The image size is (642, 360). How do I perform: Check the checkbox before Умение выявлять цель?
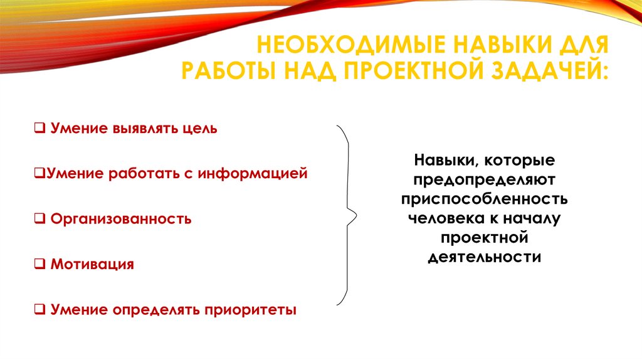point(39,129)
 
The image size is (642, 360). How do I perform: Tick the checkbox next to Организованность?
point(39,220)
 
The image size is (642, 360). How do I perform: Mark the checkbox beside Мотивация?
point(39,265)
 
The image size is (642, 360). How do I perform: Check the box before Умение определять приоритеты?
point(39,310)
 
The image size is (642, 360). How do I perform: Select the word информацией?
point(253,174)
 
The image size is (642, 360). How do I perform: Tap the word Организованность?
point(121,220)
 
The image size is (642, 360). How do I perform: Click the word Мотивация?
point(92,264)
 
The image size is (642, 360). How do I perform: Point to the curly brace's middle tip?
point(355,216)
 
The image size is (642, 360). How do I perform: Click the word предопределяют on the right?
point(485,179)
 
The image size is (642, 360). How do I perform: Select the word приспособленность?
point(485,199)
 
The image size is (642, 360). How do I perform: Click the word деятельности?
point(485,257)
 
